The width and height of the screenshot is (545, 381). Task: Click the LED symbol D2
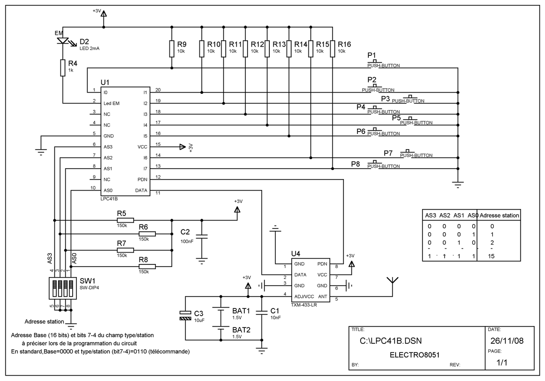click(63, 41)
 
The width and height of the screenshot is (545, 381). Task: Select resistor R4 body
click(63, 68)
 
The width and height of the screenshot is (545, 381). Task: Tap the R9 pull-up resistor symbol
click(172, 49)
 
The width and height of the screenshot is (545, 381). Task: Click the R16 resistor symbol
click(332, 49)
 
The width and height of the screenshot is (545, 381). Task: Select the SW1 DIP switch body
click(63, 288)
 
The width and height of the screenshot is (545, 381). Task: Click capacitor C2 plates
click(202, 237)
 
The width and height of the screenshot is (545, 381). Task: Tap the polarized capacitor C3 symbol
click(185, 315)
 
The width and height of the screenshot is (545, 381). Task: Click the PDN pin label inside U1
click(142, 180)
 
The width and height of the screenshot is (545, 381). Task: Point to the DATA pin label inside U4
click(300, 275)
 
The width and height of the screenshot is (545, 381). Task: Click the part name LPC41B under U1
click(109, 199)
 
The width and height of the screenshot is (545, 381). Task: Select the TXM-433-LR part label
click(304, 305)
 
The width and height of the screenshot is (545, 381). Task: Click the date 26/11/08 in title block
click(507, 341)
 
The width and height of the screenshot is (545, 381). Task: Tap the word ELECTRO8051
click(415, 355)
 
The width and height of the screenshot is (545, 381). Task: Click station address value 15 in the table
click(491, 256)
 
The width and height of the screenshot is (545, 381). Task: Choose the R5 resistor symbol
click(125, 220)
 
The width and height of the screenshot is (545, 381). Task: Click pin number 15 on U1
click(158, 144)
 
